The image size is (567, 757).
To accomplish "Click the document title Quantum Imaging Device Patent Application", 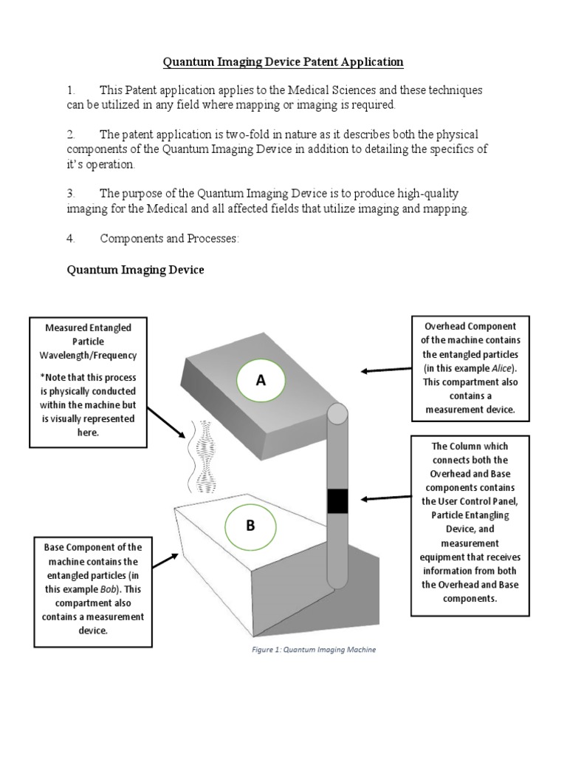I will pos(283,61).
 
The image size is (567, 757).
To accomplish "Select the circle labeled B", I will pos(250,526).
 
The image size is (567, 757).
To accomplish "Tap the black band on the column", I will pos(337,500).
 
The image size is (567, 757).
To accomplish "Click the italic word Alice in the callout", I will pos(507,368).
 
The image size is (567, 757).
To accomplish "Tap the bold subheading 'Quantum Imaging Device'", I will pos(136,271).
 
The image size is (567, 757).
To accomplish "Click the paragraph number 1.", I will pos(70,90).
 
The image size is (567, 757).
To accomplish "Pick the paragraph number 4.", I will pos(71,240).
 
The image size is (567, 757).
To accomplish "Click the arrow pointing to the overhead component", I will pos(384,369).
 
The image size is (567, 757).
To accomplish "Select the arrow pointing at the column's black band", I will pos(385,498).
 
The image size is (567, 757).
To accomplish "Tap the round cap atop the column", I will pos(336,414).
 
